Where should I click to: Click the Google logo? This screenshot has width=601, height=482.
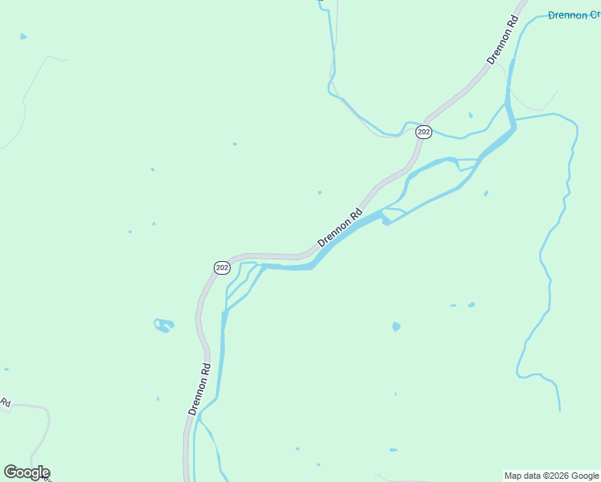click(x=27, y=472)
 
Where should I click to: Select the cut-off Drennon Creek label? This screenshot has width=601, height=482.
click(x=574, y=15)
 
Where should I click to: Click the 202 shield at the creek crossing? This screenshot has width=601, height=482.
click(x=424, y=132)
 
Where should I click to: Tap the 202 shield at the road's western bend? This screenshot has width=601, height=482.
click(x=223, y=267)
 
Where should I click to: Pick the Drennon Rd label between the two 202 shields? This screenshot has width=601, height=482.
click(x=341, y=229)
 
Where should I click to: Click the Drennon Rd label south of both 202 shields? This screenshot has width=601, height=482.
click(x=200, y=389)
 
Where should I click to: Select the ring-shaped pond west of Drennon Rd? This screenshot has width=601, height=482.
click(x=164, y=325)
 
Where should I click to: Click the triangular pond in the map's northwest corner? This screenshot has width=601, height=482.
click(x=23, y=37)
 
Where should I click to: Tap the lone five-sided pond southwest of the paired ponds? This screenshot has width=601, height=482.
click(x=396, y=326)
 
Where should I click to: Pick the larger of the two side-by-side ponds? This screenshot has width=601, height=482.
click(x=471, y=304)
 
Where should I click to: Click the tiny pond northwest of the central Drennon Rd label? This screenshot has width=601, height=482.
click(x=320, y=193)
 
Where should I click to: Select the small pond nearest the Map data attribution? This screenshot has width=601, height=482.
click(x=393, y=450)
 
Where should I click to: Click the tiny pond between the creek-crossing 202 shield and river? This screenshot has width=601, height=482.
click(x=470, y=115)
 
